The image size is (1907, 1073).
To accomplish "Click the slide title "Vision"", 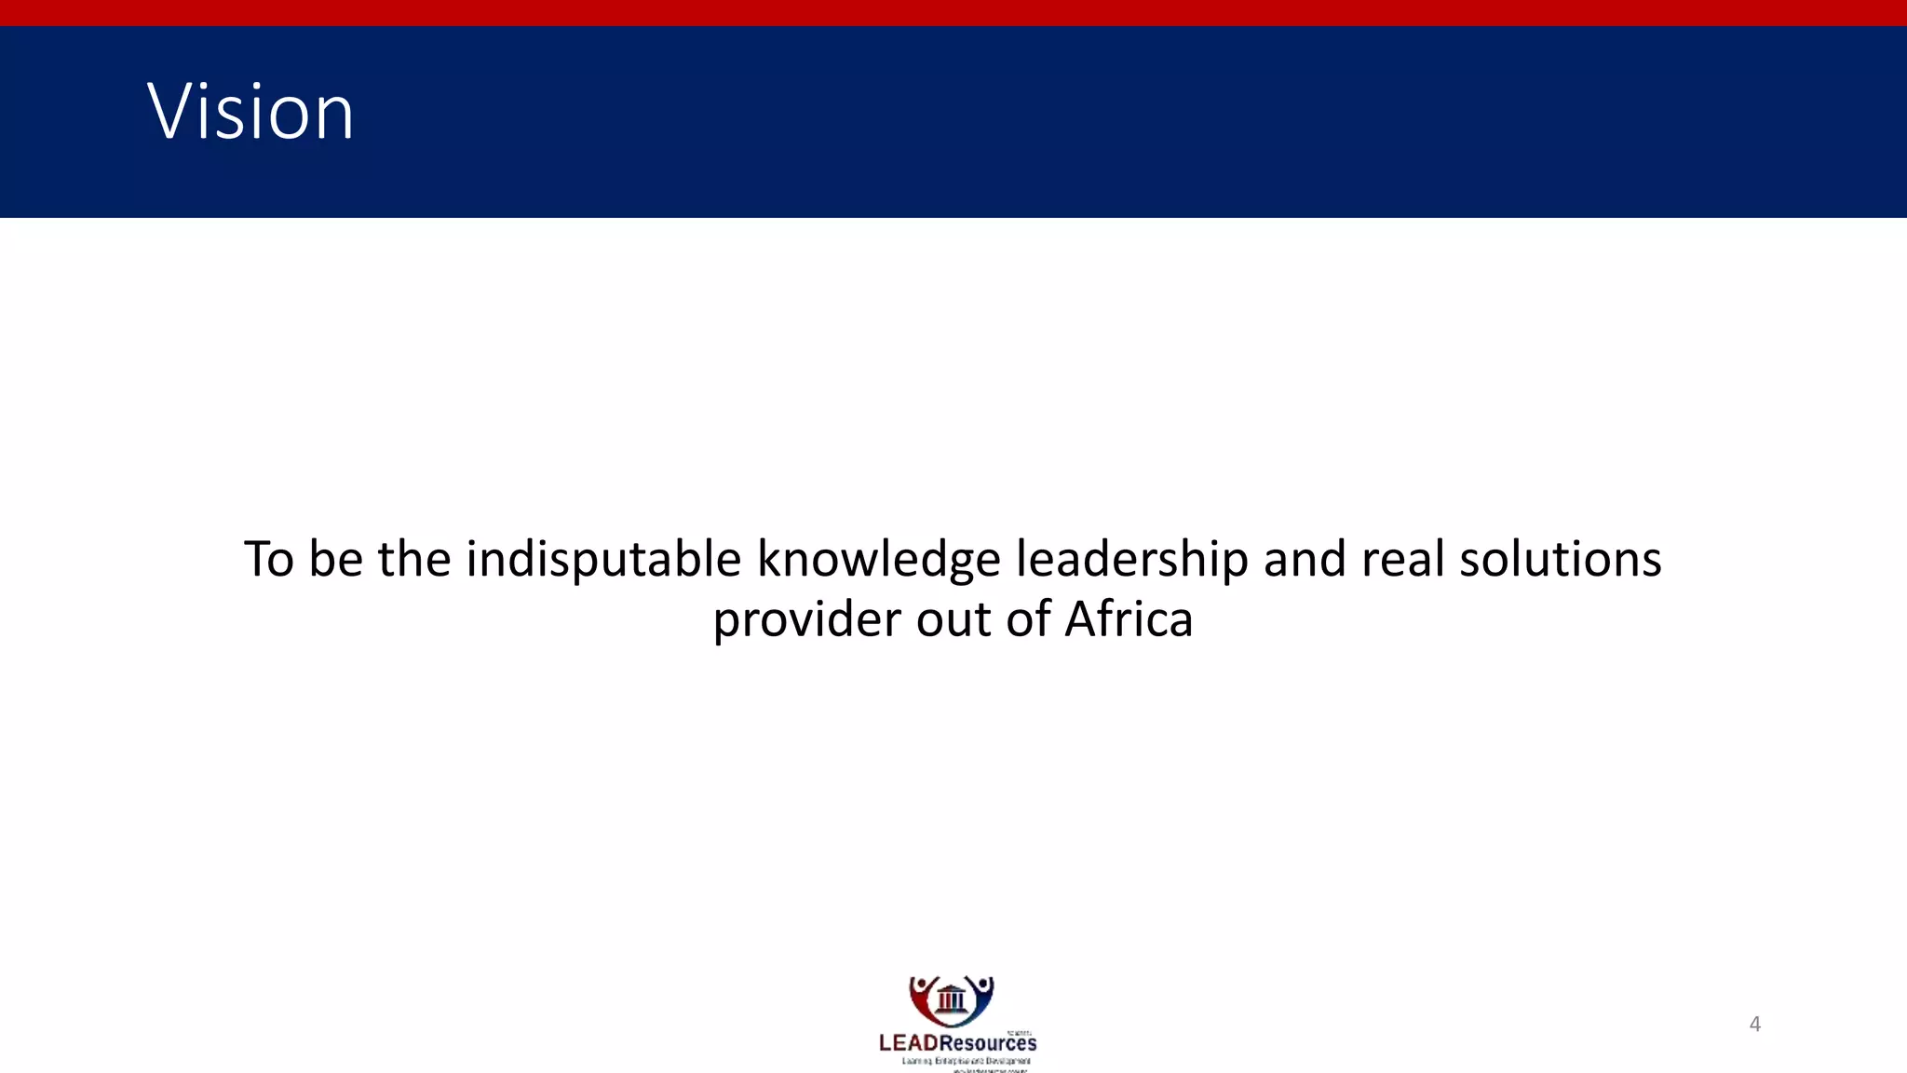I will pyautogui.click(x=250, y=112).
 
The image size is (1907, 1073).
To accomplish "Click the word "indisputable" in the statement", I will pyautogui.click(x=603, y=560).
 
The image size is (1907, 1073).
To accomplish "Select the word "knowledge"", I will pyautogui.click(x=878, y=560).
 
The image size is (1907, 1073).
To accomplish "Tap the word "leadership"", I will pyautogui.click(x=1131, y=560).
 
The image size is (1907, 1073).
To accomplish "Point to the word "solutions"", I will pyautogui.click(x=1560, y=560).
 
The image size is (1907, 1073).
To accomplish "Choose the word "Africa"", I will pyautogui.click(x=1129, y=619).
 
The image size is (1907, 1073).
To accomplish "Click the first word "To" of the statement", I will pyautogui.click(x=269, y=560).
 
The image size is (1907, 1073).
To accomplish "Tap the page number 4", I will pyautogui.click(x=1755, y=1025).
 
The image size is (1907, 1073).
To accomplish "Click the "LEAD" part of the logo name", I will pyautogui.click(x=908, y=1043).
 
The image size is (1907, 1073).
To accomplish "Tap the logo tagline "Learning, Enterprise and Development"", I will pyautogui.click(x=966, y=1061).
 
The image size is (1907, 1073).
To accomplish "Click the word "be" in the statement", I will pyautogui.click(x=335, y=560).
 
